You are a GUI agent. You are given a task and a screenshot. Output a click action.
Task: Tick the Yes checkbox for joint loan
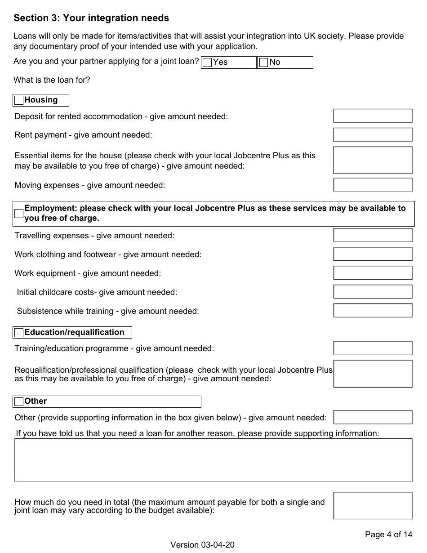pyautogui.click(x=207, y=62)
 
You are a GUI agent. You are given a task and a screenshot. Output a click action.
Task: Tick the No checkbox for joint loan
pyautogui.click(x=264, y=62)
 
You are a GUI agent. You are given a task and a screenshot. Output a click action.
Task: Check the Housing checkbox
pyautogui.click(x=19, y=100)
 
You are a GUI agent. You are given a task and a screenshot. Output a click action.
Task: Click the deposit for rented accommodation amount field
pyautogui.click(x=373, y=116)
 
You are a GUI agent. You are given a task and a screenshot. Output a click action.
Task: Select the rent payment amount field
pyautogui.click(x=373, y=134)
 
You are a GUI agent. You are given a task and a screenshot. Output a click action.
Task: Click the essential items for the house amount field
pyautogui.click(x=373, y=160)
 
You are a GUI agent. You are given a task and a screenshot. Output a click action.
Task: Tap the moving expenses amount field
pyautogui.click(x=373, y=185)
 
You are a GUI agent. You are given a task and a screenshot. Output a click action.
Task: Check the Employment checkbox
pyautogui.click(x=19, y=214)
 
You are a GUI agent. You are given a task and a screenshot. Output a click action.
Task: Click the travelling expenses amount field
pyautogui.click(x=373, y=235)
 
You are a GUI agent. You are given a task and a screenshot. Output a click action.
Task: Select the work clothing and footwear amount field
pyautogui.click(x=373, y=254)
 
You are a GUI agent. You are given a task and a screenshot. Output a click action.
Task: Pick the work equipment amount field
pyautogui.click(x=373, y=273)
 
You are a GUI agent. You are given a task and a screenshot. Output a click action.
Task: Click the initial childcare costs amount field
pyautogui.click(x=373, y=292)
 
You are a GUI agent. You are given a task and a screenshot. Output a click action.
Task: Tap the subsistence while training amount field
pyautogui.click(x=373, y=311)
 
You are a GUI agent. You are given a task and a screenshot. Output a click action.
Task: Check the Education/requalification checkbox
pyautogui.click(x=19, y=333)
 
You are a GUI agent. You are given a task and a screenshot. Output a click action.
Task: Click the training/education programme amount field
pyautogui.click(x=373, y=348)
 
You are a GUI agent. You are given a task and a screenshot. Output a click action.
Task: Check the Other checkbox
pyautogui.click(x=19, y=401)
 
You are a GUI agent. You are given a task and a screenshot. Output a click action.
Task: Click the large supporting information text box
pyautogui.click(x=213, y=460)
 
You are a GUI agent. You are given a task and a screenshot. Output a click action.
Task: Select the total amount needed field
pyautogui.click(x=373, y=506)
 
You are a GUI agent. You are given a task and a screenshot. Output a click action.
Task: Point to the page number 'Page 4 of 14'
pyautogui.click(x=388, y=535)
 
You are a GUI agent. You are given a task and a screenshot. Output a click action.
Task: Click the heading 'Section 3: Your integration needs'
pyautogui.click(x=91, y=18)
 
